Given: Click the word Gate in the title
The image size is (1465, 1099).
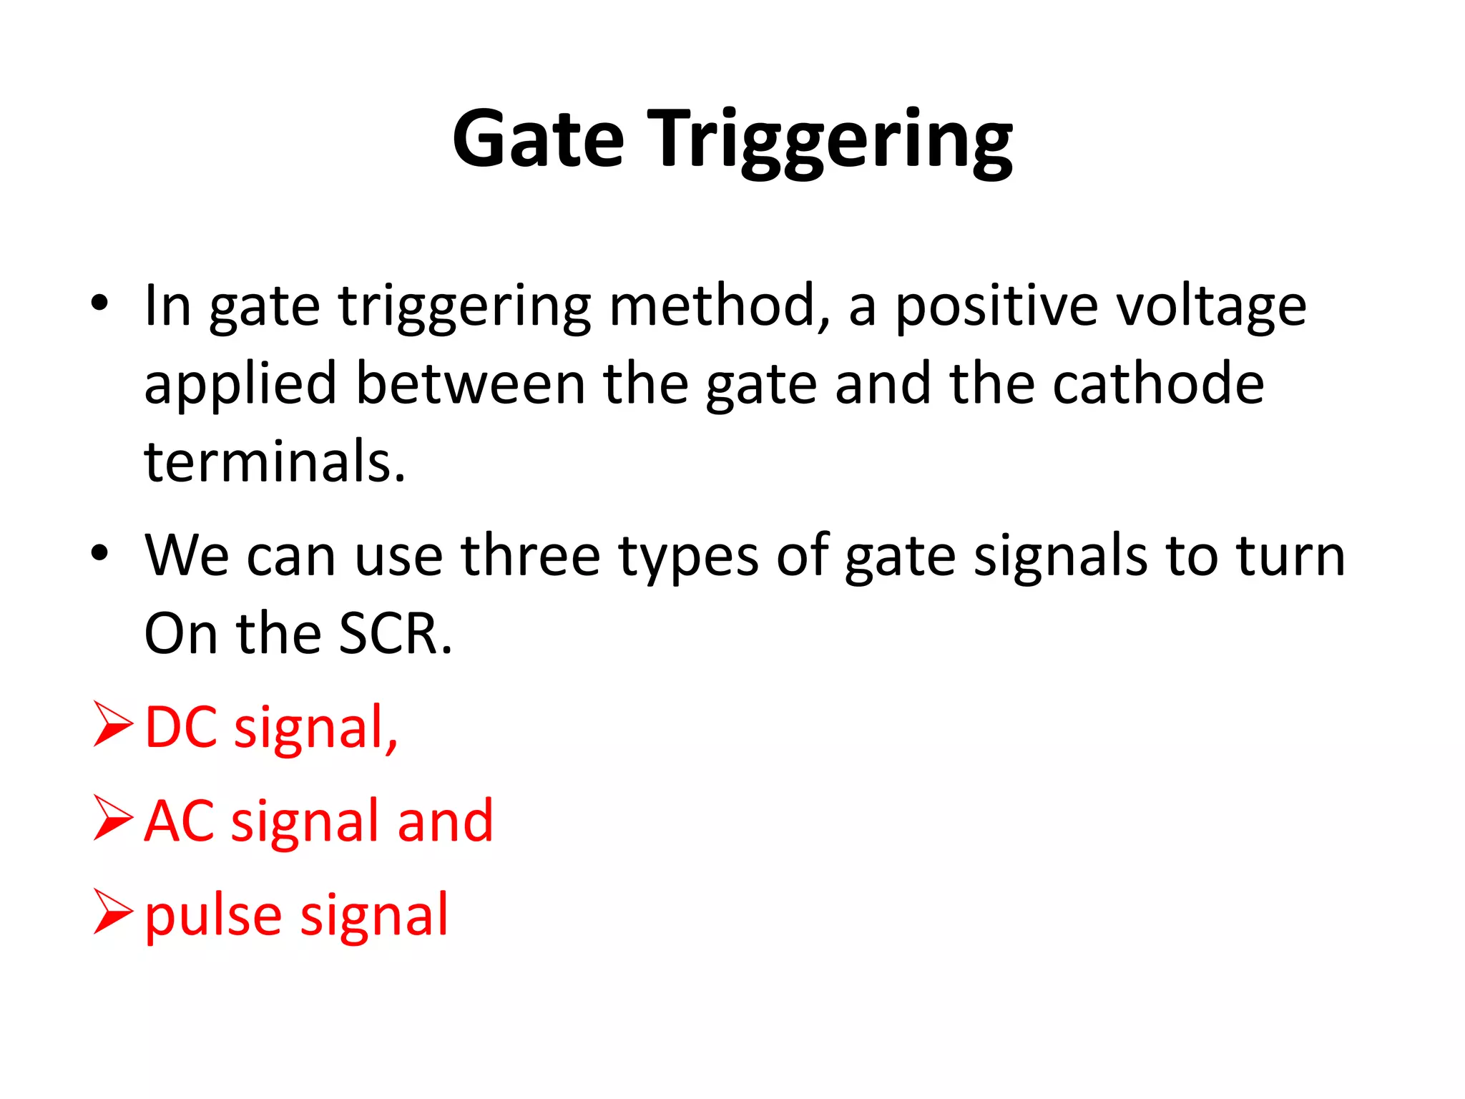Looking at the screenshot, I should point(538,140).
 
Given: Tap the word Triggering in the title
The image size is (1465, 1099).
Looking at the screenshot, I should point(833,141).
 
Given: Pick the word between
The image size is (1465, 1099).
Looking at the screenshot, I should point(470,384).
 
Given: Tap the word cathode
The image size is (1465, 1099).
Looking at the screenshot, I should point(1158,384).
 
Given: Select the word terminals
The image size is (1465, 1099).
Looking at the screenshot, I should point(275,461).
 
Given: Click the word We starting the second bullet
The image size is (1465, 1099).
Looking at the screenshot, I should point(187,555).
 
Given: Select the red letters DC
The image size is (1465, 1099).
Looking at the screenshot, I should point(181,728).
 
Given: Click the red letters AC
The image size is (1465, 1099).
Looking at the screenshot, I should point(179,821).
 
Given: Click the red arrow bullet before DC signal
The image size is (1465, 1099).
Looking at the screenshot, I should point(113,725).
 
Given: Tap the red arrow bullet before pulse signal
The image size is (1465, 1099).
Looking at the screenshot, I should point(113,912).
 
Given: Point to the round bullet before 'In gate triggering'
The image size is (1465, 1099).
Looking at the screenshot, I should point(99,303).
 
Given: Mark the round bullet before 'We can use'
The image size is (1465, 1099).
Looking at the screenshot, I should point(99,552).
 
